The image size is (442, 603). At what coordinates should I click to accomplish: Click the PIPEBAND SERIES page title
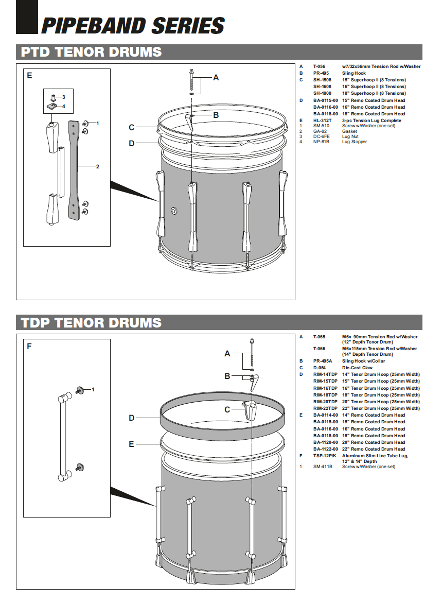click(x=132, y=25)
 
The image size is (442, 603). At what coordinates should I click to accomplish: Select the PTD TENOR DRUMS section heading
click(x=91, y=52)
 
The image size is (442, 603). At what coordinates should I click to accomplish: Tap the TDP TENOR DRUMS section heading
click(x=91, y=323)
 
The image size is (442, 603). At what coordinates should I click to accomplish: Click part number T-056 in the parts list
click(x=319, y=66)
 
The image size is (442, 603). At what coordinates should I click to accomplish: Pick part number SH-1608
click(x=323, y=87)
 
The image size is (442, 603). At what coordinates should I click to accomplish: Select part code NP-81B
click(x=321, y=142)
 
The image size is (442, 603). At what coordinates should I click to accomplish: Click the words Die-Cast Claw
click(x=357, y=368)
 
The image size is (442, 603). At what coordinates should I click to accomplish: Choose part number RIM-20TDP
click(x=325, y=402)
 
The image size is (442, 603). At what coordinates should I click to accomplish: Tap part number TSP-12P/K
click(x=325, y=456)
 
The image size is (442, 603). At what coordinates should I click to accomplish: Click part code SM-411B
click(x=323, y=467)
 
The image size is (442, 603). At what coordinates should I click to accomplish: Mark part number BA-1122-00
click(x=326, y=449)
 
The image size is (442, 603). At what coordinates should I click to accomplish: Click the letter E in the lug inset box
click(x=29, y=76)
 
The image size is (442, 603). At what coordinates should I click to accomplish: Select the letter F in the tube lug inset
click(x=29, y=347)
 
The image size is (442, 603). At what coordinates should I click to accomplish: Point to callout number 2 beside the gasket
click(x=97, y=167)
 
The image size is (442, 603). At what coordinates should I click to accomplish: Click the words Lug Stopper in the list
click(x=355, y=142)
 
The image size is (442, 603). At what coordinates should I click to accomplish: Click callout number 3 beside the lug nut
click(x=63, y=97)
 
